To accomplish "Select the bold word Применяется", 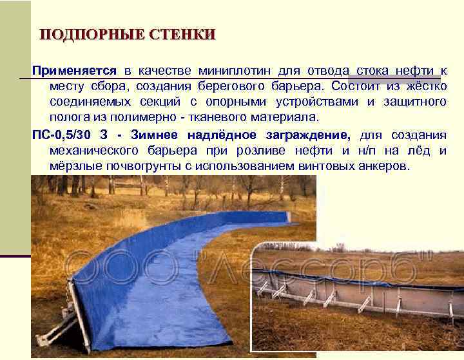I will (x=74, y=71).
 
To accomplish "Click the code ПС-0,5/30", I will (x=61, y=135).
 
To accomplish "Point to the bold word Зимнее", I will (x=155, y=135).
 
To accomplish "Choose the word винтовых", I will (x=327, y=166).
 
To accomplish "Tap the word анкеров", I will (x=384, y=166).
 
